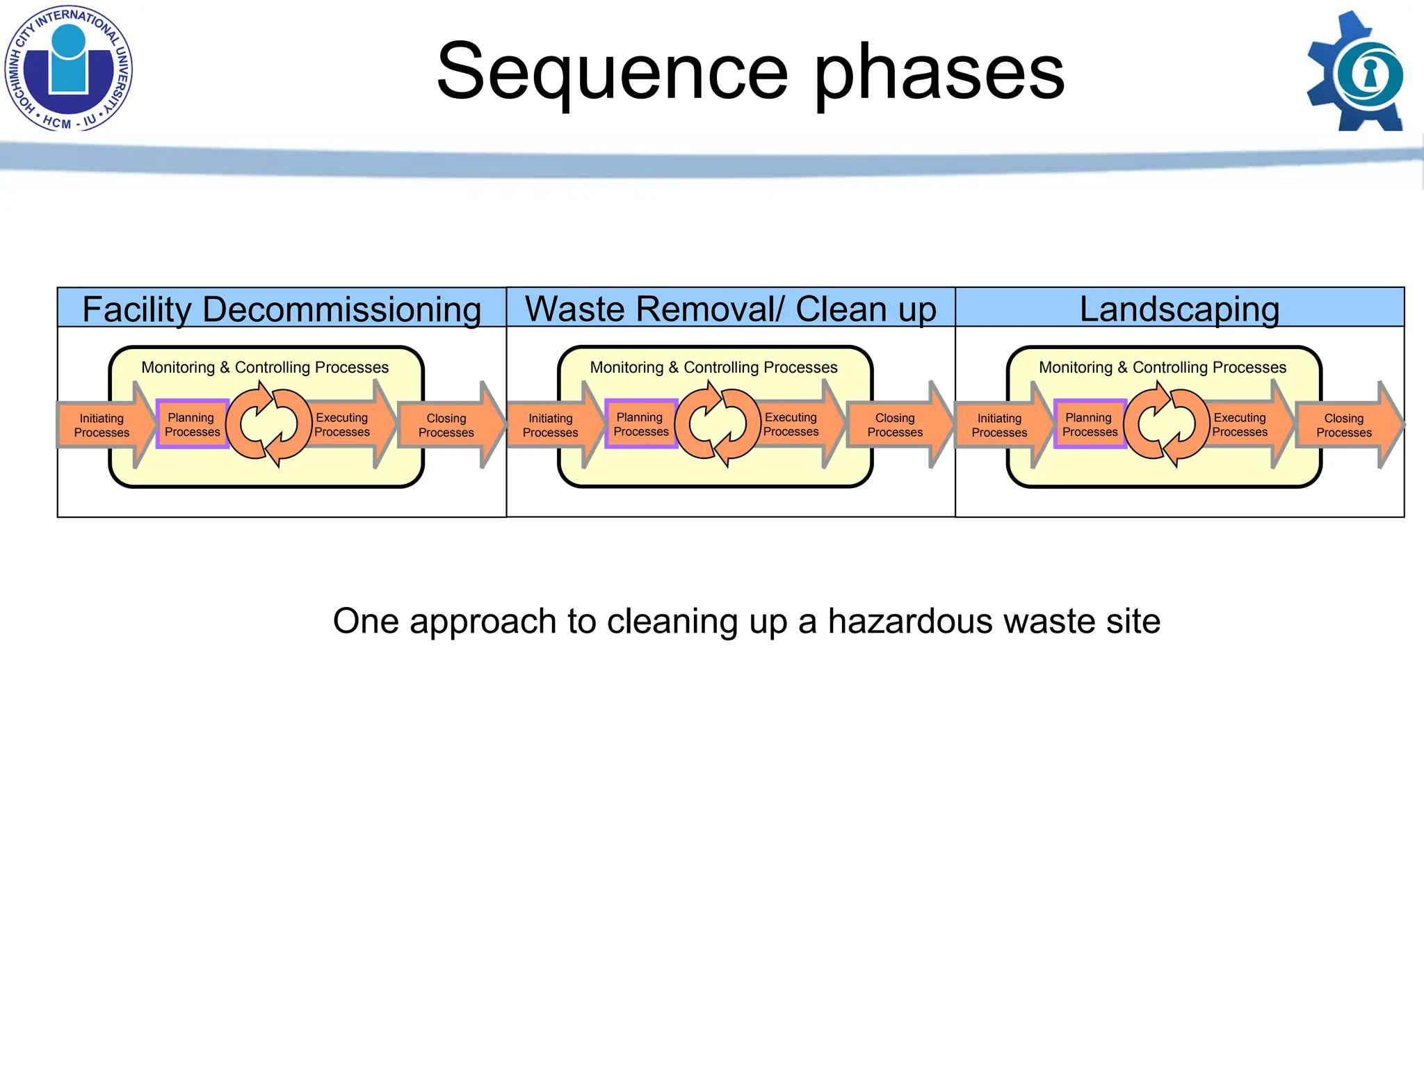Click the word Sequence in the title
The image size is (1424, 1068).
point(612,71)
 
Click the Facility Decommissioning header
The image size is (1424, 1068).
point(282,309)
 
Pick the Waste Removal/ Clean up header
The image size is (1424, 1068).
point(730,309)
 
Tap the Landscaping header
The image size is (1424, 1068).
point(1179,309)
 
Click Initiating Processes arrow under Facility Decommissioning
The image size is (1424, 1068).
point(102,425)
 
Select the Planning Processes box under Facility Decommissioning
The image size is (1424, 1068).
point(192,424)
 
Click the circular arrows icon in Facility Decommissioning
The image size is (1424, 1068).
point(268,424)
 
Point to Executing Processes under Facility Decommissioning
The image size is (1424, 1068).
point(342,424)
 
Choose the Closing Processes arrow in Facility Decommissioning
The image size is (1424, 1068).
point(446,425)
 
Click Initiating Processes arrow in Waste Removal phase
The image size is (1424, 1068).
point(551,425)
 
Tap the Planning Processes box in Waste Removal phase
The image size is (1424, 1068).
point(640,424)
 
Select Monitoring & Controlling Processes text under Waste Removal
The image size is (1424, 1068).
point(713,367)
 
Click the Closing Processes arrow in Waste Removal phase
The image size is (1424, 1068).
point(896,425)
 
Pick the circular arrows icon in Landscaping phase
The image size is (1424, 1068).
point(1166,424)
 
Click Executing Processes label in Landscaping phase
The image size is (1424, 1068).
point(1240,424)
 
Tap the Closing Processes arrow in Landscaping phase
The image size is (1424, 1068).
point(1344,425)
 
